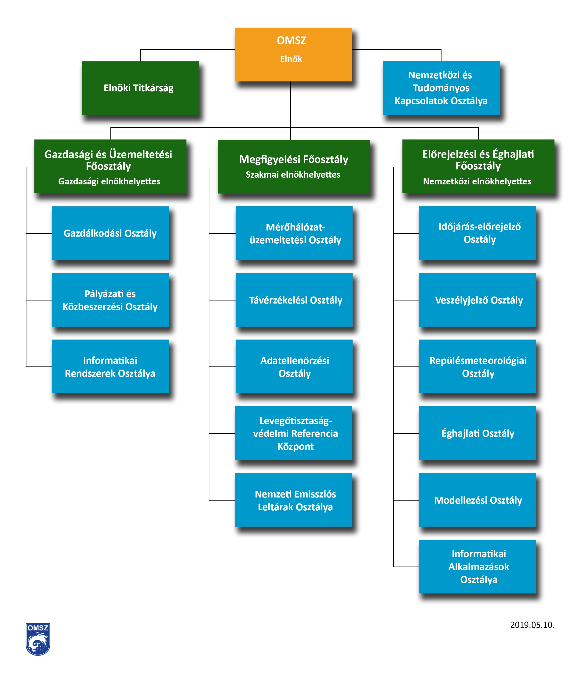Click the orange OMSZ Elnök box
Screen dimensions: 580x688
click(293, 55)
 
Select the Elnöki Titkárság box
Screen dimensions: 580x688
click(140, 88)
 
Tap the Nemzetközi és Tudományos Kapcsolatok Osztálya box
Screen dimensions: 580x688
click(441, 88)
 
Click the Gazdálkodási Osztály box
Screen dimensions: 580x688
click(110, 233)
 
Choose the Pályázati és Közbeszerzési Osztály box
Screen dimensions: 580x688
click(110, 300)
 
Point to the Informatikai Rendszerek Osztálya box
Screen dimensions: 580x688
click(110, 366)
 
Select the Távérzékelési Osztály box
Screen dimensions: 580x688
click(294, 300)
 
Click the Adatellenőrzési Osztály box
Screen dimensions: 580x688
click(294, 366)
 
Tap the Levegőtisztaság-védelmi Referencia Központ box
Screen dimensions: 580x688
click(294, 433)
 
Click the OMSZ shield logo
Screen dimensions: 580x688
click(38, 639)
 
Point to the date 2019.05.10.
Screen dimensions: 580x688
click(532, 625)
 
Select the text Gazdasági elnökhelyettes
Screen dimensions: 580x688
click(109, 182)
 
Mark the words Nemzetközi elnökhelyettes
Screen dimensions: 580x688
click(477, 182)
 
